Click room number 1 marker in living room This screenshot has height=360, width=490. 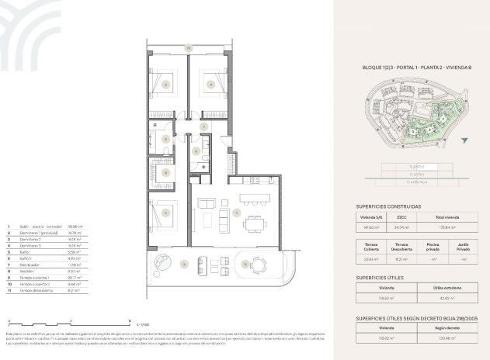pyautogui.click(x=236, y=211)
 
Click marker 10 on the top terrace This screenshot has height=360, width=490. pyautogui.click(x=188, y=48)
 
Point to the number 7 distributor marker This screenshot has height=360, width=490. pyautogui.click(x=203, y=126)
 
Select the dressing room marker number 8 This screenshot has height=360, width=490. pyautogui.click(x=196, y=151)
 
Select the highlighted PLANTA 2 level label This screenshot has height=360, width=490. pyautogui.click(x=412, y=166)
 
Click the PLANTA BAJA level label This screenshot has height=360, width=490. pyautogui.click(x=412, y=183)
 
